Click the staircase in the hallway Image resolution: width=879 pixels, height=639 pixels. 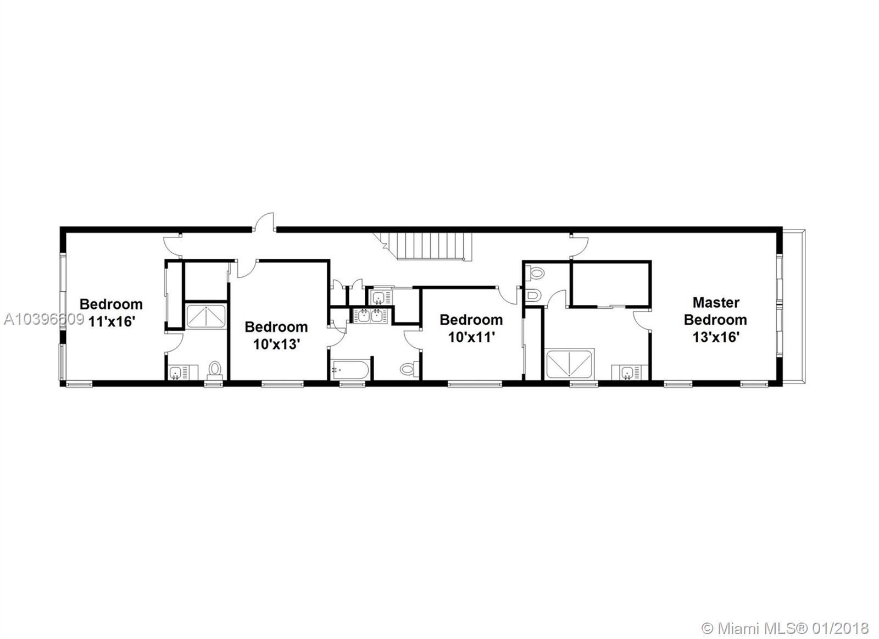click(428, 246)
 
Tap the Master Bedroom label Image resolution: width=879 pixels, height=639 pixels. click(715, 311)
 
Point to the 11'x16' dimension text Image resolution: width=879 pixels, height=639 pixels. click(112, 321)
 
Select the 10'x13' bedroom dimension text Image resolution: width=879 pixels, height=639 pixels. click(277, 344)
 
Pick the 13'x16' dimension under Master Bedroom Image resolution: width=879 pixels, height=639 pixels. click(716, 337)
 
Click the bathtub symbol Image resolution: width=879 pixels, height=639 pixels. click(349, 369)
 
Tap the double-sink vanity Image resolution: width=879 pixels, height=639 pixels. click(370, 316)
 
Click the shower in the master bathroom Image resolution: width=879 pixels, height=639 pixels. click(569, 364)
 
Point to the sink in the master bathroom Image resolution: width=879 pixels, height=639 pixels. click(627, 372)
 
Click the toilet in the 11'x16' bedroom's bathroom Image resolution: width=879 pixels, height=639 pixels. click(215, 370)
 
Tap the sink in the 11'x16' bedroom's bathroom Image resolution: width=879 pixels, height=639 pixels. click(175, 372)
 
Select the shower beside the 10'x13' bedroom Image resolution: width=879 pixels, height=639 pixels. click(206, 316)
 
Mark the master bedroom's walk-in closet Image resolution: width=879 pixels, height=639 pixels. click(610, 284)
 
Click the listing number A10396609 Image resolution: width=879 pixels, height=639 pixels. click(44, 320)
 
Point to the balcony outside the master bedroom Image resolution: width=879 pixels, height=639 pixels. click(793, 307)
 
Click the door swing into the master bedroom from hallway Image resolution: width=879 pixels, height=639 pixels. click(580, 246)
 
